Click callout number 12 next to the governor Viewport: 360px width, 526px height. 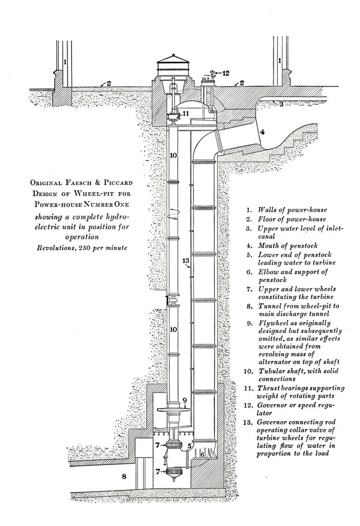coord(226,73)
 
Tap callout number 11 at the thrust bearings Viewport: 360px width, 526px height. coord(186,114)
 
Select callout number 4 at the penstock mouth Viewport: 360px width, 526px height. coord(263,130)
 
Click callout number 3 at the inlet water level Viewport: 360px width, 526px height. coord(282,103)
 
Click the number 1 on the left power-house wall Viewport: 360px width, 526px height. coord(65,62)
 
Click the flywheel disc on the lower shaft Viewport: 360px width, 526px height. coord(177,410)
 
